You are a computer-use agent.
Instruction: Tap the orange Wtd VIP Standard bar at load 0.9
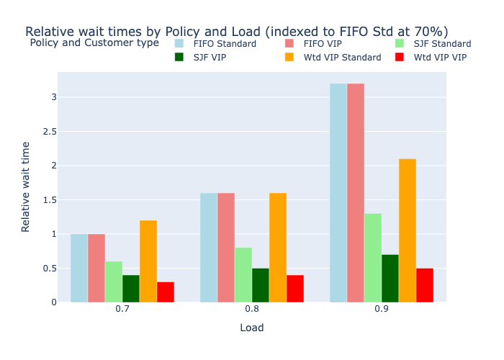tap(408, 230)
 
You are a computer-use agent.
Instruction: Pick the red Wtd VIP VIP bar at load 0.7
tap(166, 292)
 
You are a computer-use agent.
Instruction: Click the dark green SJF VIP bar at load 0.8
tap(261, 285)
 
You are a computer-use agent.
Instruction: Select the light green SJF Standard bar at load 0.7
tap(114, 282)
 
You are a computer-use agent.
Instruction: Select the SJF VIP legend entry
tap(210, 58)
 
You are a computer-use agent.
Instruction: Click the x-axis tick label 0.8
tap(252, 309)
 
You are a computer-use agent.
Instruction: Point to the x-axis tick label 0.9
tap(382, 309)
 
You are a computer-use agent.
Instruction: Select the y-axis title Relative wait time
tap(26, 186)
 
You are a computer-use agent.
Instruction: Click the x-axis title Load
tap(252, 328)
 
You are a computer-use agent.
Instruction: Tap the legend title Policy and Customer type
tap(94, 43)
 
